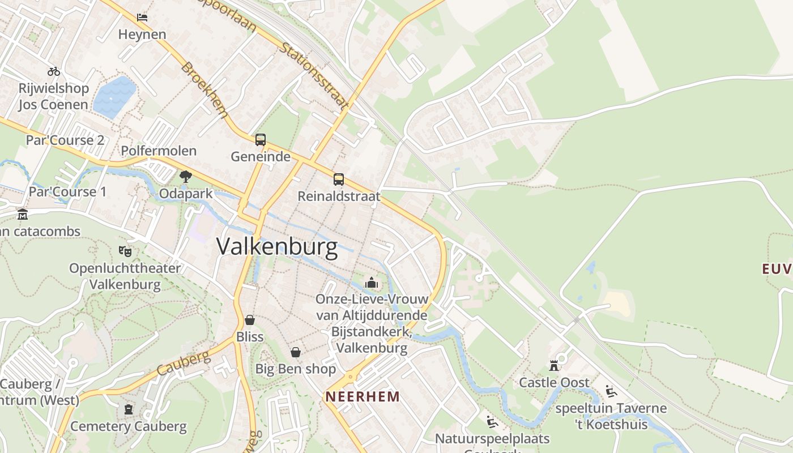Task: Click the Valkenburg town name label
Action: (277, 247)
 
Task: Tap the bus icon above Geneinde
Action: (261, 139)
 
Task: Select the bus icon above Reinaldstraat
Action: (339, 180)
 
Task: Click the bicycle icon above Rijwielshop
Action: (54, 71)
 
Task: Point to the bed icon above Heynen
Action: (142, 17)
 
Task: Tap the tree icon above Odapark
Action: (185, 177)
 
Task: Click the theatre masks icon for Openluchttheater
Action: (125, 250)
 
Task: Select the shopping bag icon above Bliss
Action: (250, 320)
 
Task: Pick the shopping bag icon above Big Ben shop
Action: (296, 352)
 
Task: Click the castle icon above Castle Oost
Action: (554, 366)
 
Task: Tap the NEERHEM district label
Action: (363, 396)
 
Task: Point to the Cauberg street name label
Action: (183, 364)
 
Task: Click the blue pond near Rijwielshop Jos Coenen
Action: (115, 96)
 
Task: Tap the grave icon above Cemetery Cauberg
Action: (129, 409)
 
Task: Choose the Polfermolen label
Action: (159, 151)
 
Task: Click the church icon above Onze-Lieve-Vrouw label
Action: (372, 282)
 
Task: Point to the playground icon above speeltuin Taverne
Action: (611, 391)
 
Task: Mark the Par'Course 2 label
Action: (65, 140)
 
